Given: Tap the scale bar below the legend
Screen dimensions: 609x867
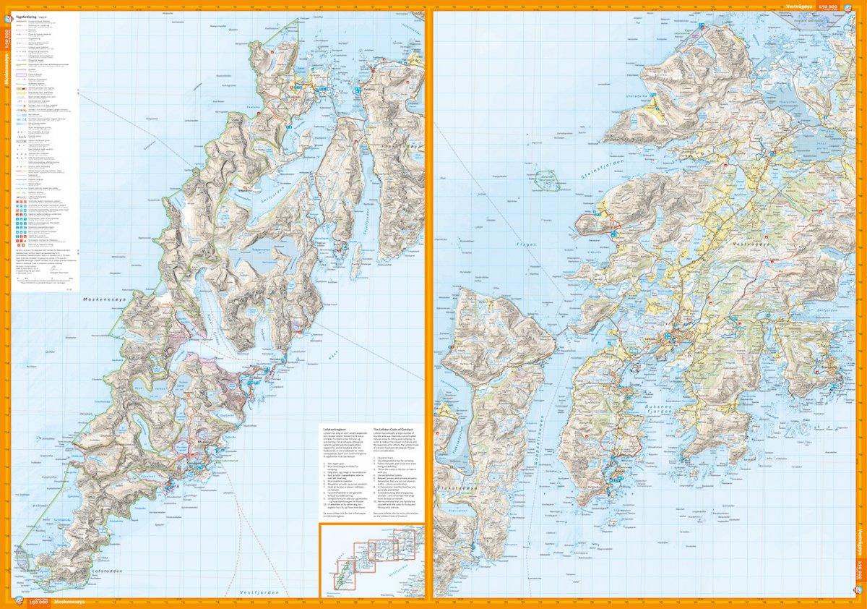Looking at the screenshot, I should (40, 278).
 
